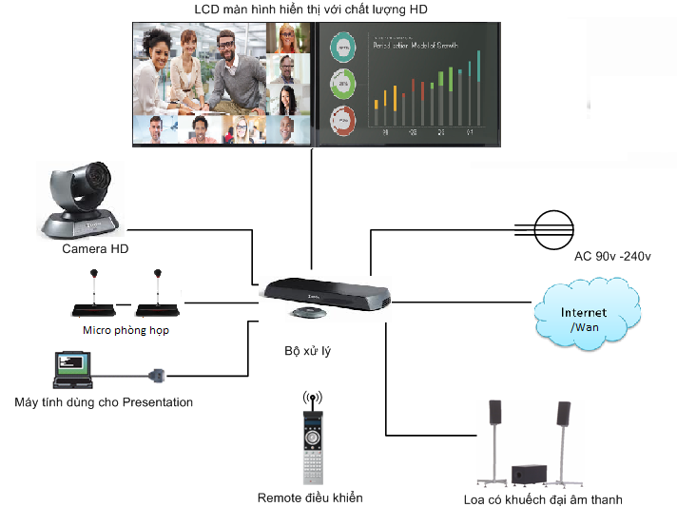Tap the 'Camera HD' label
point(95,249)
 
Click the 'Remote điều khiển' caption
point(310,497)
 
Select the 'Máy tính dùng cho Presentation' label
point(104,402)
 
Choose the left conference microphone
point(93,295)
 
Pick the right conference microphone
point(156,295)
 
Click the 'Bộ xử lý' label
point(309,351)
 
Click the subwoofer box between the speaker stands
point(528,474)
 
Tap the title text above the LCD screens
point(311,10)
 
